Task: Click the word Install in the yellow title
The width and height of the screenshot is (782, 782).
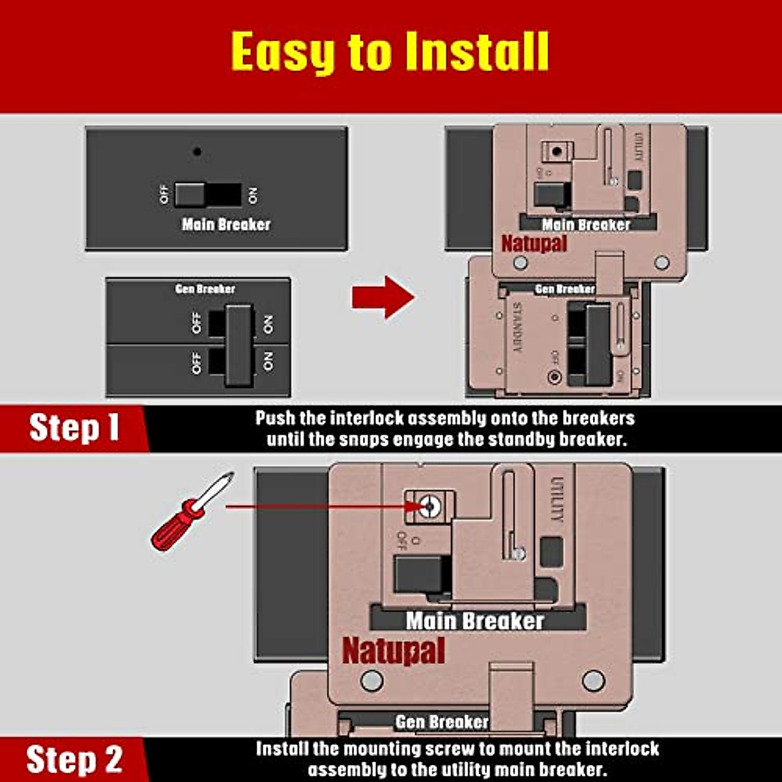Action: tap(476, 52)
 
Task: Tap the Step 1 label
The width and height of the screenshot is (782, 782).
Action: tap(74, 428)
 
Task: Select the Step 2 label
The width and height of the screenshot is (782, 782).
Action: tap(74, 759)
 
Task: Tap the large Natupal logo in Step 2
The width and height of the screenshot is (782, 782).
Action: tap(394, 650)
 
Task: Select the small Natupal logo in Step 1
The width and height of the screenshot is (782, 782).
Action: tap(534, 244)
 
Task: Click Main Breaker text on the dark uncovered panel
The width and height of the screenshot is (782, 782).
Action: tap(225, 224)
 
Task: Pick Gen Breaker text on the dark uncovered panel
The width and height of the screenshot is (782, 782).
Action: tap(205, 289)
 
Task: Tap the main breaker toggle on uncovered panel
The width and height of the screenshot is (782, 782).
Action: tap(190, 194)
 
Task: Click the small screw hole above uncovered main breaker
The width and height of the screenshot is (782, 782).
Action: tap(197, 152)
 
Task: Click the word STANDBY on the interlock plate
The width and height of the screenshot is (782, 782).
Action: tap(517, 328)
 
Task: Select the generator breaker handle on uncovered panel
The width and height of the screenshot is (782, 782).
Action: tap(239, 344)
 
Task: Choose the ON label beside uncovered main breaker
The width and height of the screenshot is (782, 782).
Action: tap(253, 194)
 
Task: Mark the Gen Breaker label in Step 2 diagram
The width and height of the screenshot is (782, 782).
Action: tap(442, 721)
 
